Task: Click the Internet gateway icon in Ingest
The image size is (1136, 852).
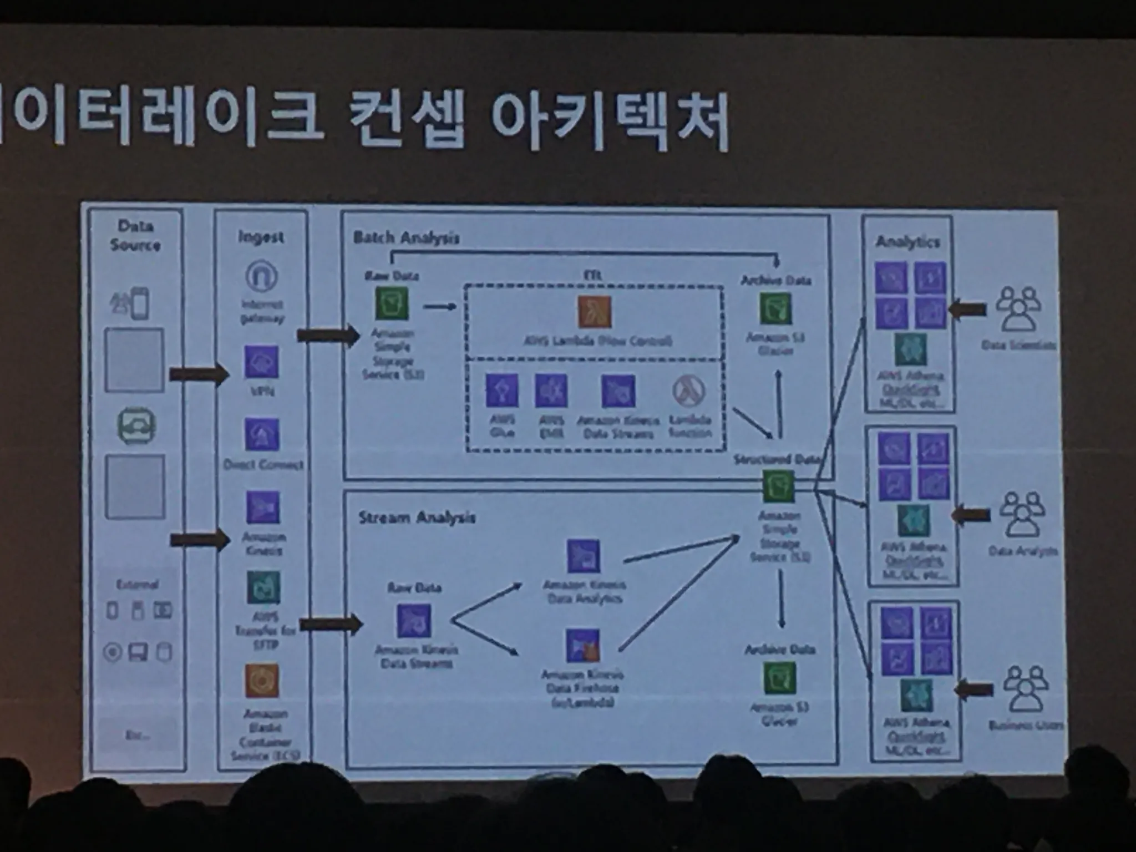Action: pos(261,276)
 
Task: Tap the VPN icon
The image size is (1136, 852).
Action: pos(261,362)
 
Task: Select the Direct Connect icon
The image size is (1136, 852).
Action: pos(262,434)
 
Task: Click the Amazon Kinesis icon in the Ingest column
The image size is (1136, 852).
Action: pos(262,508)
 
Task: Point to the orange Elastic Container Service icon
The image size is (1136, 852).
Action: pos(262,680)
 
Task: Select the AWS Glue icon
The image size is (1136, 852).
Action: pos(502,390)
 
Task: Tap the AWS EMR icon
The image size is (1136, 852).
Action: pos(551,390)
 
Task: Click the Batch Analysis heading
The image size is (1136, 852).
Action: pos(406,238)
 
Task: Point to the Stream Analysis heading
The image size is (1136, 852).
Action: pos(417,518)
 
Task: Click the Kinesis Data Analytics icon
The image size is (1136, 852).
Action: pos(583,556)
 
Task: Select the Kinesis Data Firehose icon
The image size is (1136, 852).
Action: pos(582,645)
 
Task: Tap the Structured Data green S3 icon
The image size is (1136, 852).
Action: pos(778,486)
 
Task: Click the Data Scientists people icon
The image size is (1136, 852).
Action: pos(1018,308)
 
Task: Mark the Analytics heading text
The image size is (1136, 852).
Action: pos(907,242)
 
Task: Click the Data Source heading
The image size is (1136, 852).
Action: pos(135,235)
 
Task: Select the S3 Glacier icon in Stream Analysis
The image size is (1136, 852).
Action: pos(779,678)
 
